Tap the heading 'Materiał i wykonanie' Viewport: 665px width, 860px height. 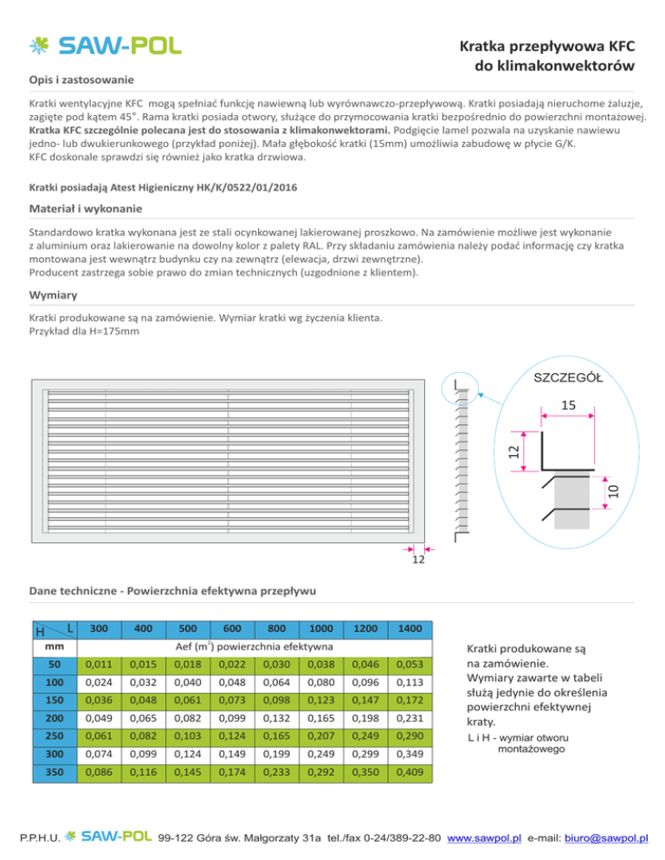(x=85, y=209)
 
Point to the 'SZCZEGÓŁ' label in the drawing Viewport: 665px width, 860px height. (x=569, y=377)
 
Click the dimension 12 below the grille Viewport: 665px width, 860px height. (x=418, y=562)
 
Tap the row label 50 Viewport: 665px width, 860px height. (x=54, y=664)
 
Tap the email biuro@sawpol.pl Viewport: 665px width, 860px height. (x=605, y=838)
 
